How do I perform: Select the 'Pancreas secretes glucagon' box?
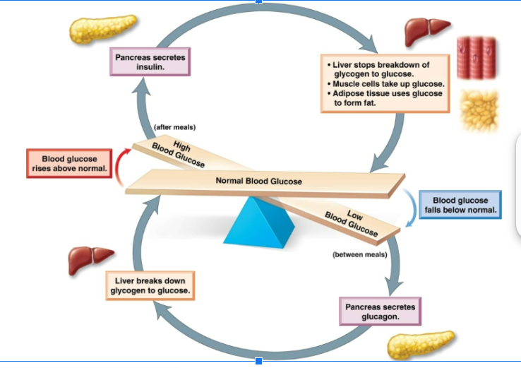pos(380,311)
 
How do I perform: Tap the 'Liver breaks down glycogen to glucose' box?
pos(150,285)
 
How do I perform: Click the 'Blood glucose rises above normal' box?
pos(69,163)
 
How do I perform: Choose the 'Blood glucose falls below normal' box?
pos(460,205)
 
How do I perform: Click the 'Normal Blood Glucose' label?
pos(258,182)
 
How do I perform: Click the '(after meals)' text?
pos(174,127)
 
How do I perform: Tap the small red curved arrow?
pos(124,168)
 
